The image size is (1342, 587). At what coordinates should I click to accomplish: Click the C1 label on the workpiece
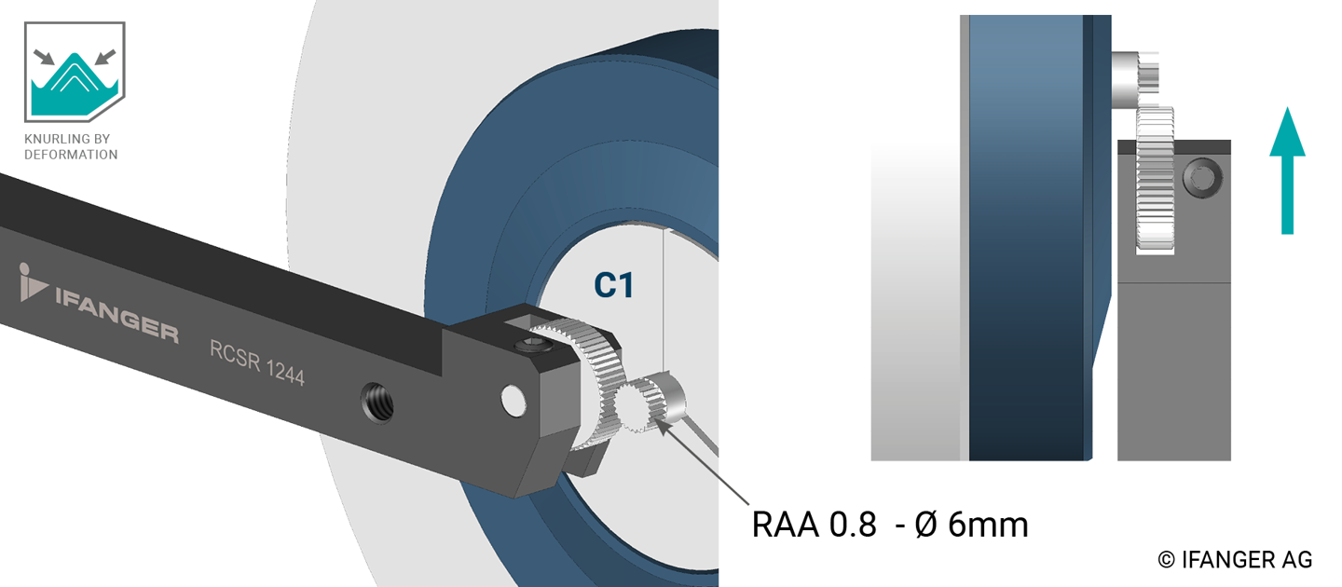(613, 285)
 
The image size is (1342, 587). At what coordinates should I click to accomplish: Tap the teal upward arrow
(1287, 171)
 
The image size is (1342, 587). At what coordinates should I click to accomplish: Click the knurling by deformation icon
(75, 72)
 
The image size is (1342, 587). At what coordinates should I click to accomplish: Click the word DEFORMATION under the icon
(71, 155)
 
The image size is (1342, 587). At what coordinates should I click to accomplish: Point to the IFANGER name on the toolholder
(116, 313)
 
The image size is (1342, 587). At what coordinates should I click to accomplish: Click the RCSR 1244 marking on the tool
(257, 363)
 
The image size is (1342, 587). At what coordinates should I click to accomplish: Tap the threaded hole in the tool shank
(377, 403)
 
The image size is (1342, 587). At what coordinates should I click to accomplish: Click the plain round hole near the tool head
(514, 401)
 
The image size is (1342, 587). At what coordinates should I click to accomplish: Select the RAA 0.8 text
(814, 525)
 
